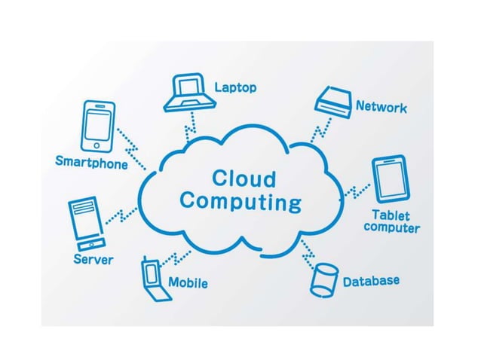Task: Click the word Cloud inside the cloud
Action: pos(244,179)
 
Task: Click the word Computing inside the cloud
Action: pos(240,203)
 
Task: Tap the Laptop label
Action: pos(235,88)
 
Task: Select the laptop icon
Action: pos(188,91)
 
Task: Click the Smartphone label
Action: pos(91,162)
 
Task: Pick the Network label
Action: pos(381,108)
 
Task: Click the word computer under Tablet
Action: pos(391,227)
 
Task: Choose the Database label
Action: pos(371,282)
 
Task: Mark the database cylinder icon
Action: pos(324,281)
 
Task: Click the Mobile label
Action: pos(188,283)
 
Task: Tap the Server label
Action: pos(93,260)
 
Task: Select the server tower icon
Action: pos(84,223)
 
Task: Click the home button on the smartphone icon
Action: pos(97,145)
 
